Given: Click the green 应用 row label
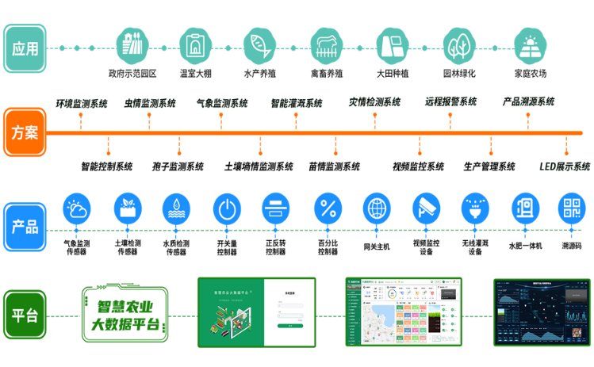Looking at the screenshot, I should (x=25, y=48).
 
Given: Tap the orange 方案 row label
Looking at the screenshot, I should (x=25, y=132).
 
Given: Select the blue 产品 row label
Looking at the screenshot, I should (x=25, y=226).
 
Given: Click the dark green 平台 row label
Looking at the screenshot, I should (x=25, y=315).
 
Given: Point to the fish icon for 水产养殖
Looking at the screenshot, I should (x=259, y=47).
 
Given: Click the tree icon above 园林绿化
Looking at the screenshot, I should (x=458, y=47).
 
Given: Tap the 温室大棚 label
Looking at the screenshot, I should (x=194, y=74).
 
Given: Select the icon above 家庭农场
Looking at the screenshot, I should (x=531, y=47).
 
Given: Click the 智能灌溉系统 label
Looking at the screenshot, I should (x=297, y=103).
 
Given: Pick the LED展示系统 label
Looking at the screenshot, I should (x=565, y=166).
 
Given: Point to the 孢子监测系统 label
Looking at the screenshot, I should (x=178, y=166).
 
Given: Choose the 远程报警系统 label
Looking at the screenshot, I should (x=450, y=101).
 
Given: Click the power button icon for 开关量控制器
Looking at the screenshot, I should (x=227, y=209).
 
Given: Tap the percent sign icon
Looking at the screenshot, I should (x=328, y=209).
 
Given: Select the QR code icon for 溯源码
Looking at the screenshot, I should (x=571, y=209).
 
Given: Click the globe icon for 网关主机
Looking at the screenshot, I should (x=377, y=209).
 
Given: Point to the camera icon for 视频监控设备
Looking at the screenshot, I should (x=427, y=209).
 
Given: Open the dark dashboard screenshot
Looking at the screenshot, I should (x=542, y=312).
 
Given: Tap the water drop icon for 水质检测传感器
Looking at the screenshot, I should (x=176, y=209).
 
